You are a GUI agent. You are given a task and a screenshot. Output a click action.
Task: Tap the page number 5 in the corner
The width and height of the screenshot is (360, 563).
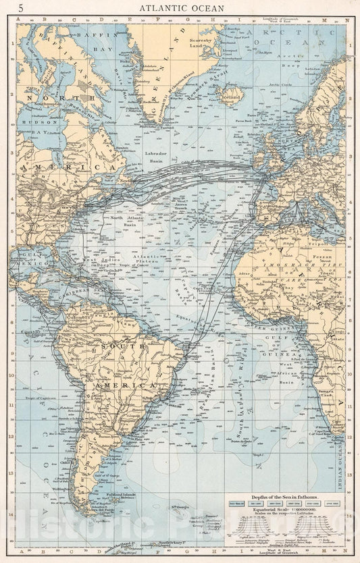coord(20,8)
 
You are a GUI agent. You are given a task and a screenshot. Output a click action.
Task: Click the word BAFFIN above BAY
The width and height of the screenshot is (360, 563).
coord(87,33)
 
